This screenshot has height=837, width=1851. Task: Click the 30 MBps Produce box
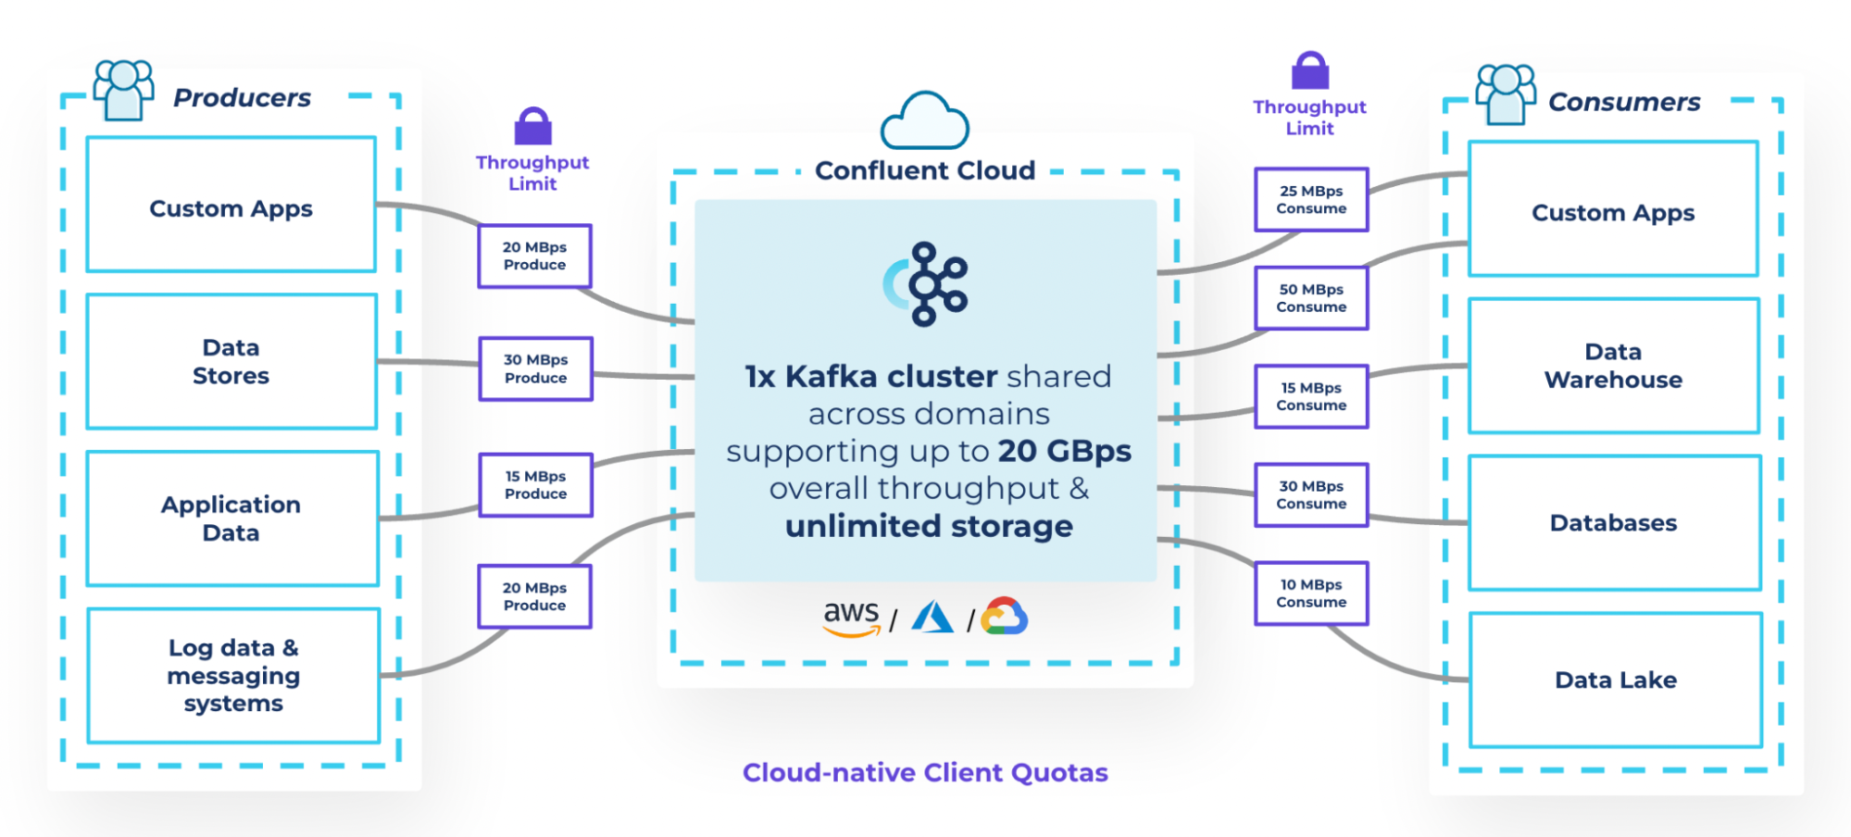[535, 369]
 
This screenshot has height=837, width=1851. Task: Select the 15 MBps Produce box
[535, 485]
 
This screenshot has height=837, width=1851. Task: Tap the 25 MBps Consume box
[1311, 200]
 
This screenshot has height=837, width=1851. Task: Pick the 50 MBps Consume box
[1311, 298]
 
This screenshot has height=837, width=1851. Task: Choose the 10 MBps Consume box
[1311, 593]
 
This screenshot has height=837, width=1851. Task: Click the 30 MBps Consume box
[1311, 495]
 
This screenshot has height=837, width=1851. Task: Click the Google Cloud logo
[1005, 617]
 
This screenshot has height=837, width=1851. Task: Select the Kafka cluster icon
[927, 284]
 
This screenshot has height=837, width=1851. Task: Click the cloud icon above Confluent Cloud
[924, 121]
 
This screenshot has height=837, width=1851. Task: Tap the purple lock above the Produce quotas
[532, 127]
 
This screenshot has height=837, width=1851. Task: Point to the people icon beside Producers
[123, 90]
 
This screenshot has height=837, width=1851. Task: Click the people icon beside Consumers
[1505, 94]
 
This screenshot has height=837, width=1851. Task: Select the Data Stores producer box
[231, 362]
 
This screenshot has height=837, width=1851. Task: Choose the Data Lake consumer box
[1615, 681]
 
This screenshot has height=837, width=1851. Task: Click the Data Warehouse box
[1613, 366]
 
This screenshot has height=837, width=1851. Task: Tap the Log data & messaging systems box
[233, 676]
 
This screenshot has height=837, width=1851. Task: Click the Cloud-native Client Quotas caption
[925, 773]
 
